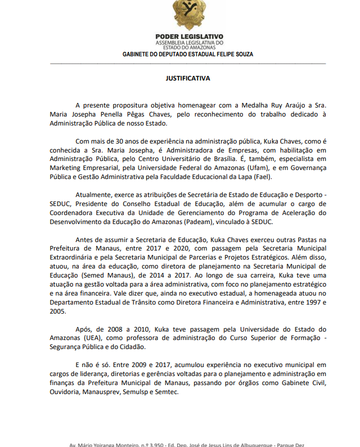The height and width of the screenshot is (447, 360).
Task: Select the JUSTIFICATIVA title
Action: [x=188, y=78]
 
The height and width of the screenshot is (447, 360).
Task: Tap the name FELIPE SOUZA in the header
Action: [x=235, y=54]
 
